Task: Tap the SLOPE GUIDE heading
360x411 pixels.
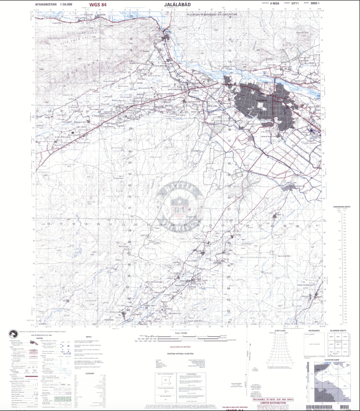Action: coord(280,331)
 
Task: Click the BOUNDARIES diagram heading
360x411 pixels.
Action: coord(314,331)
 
